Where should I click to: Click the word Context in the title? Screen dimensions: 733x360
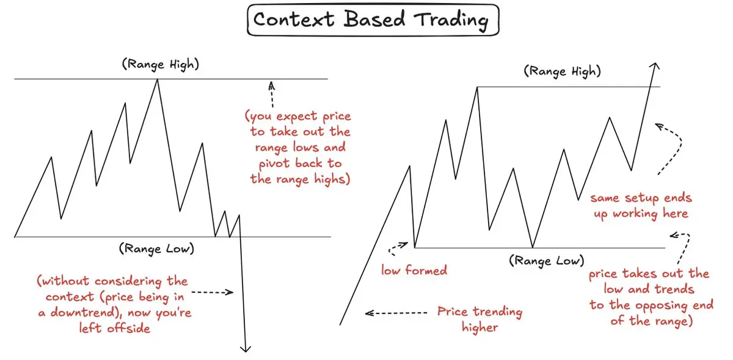coord(294,19)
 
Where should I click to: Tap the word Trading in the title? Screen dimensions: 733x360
coord(451,20)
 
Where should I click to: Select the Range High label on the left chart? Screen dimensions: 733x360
coord(160,64)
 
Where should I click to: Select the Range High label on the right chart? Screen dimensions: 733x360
coord(562,72)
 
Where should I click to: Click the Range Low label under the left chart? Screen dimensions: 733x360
coord(156,249)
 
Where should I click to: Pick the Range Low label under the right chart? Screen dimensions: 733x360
coord(547,261)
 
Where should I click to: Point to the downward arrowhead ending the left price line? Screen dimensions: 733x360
coord(246,348)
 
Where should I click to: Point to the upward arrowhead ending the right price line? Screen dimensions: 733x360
coord(654,65)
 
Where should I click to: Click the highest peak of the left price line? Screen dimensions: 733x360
coord(158,79)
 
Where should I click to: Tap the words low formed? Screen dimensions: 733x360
coord(414,270)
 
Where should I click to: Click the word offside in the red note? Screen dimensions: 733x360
coord(128,328)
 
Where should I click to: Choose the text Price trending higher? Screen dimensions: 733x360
coord(480,319)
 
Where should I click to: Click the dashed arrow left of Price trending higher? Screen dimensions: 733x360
coord(396,313)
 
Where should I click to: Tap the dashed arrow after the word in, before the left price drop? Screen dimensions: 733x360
coord(213,292)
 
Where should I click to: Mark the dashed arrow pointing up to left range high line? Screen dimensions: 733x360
coord(272,94)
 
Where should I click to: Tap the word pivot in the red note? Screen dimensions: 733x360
coord(274,163)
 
